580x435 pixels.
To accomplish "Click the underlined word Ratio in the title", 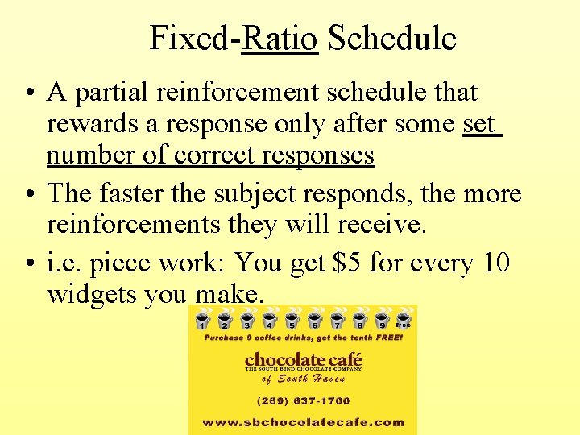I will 280,38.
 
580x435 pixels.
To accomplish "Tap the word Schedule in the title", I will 392,38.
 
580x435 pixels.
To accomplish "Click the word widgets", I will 91,294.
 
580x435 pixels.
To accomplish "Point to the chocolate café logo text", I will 303,359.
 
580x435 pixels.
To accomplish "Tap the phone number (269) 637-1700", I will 303,400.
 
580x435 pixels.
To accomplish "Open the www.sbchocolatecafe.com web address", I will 303,421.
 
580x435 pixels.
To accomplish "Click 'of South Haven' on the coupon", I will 303,379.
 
